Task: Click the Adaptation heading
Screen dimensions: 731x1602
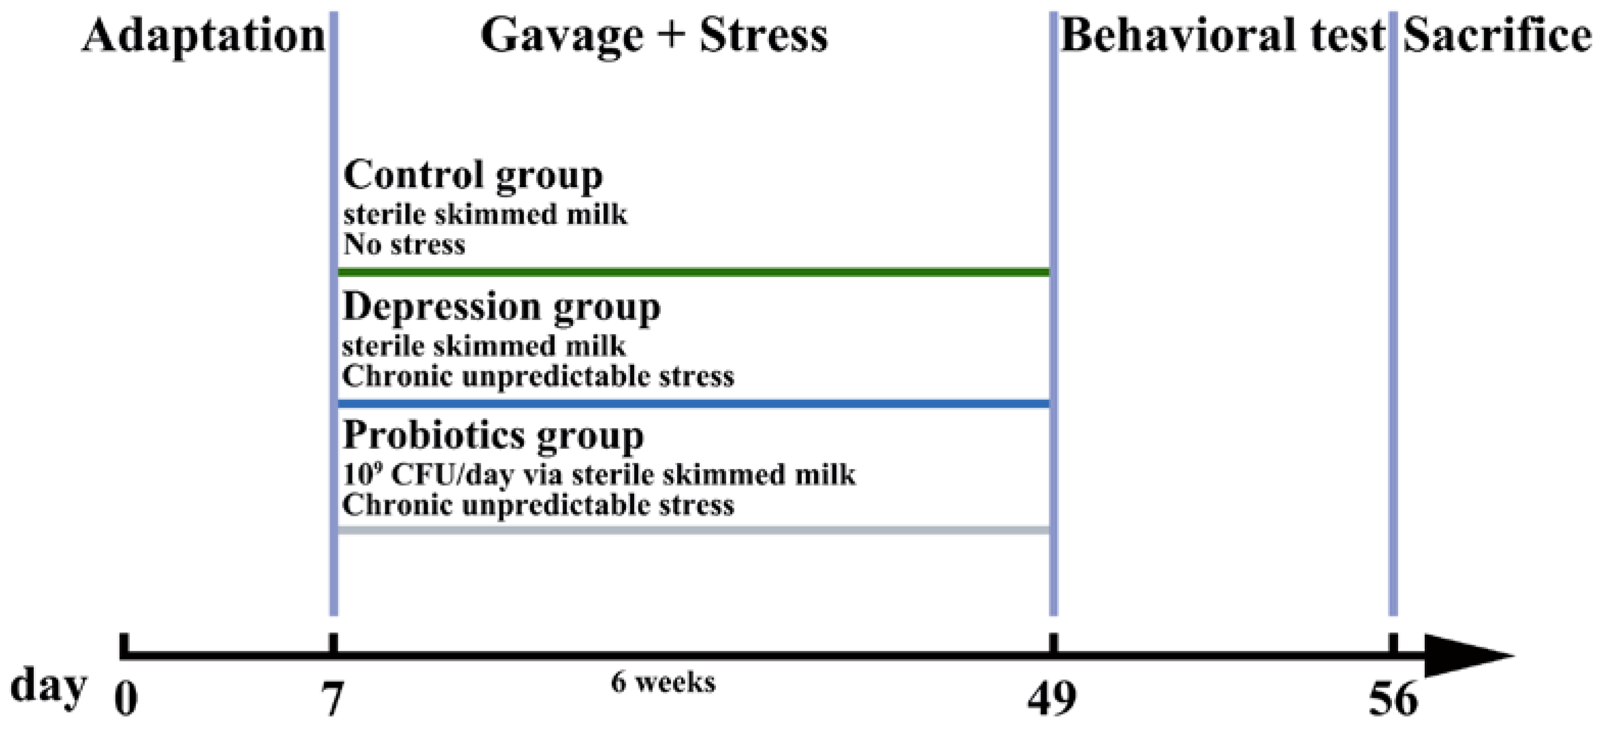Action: click(x=203, y=36)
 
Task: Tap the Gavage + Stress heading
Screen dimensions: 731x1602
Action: click(x=654, y=36)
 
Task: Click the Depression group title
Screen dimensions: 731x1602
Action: click(x=501, y=307)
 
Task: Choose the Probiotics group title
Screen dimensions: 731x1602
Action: click(x=493, y=435)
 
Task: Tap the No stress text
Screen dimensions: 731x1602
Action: click(x=404, y=244)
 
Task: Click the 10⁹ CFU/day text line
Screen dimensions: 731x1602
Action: click(x=599, y=475)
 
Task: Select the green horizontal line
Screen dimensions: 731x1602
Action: click(x=693, y=272)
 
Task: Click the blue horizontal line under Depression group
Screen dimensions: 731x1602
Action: click(x=693, y=404)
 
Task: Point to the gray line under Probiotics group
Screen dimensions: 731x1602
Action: click(x=693, y=530)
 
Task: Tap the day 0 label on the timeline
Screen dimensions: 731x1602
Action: click(x=126, y=698)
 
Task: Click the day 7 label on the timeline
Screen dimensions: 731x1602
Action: click(x=333, y=698)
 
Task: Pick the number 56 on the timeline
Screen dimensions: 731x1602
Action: click(x=1393, y=698)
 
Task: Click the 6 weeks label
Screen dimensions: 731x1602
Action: click(x=663, y=682)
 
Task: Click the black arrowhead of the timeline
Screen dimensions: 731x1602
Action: click(x=1461, y=655)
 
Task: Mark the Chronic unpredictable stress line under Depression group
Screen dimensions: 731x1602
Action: click(x=538, y=376)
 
